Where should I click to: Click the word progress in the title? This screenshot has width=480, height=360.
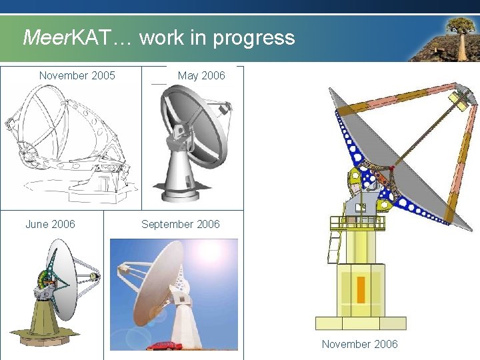point(253,38)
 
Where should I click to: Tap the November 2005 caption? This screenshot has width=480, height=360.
point(77,75)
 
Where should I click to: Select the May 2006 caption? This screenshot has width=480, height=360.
point(201,75)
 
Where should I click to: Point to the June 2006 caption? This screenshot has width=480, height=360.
point(50,224)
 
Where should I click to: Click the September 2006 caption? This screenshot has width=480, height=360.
point(180,224)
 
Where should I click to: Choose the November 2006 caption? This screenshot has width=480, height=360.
point(359,344)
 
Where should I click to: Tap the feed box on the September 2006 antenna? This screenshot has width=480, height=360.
point(124,270)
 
